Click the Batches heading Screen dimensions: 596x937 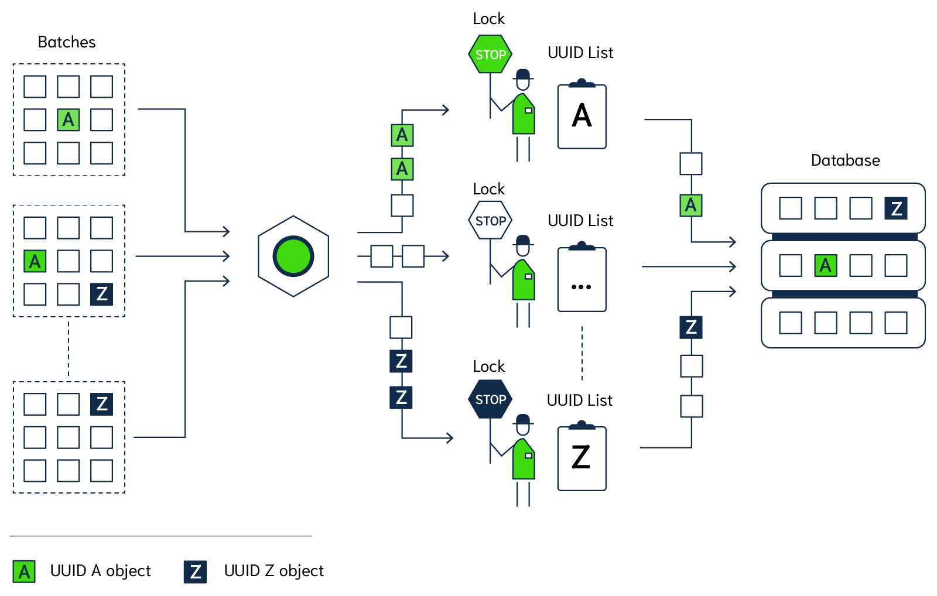coord(67,42)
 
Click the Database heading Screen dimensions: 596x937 coord(845,160)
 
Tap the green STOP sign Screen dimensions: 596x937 coord(490,54)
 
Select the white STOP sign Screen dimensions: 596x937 coord(490,221)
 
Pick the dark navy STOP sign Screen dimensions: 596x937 coord(490,399)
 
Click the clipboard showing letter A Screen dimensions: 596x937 coord(582,116)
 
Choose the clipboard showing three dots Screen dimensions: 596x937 coord(582,280)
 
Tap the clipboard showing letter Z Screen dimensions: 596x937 coord(582,458)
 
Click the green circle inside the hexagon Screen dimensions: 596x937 coord(293,256)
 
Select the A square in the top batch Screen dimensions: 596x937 coord(69,119)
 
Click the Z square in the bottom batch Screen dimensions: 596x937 coord(102,404)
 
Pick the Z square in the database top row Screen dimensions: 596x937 coord(896,208)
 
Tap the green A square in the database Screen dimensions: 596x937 coord(826,265)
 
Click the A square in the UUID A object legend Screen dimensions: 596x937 coord(24,571)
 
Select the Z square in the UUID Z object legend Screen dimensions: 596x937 coord(195,571)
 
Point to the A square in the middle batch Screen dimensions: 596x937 coord(35,261)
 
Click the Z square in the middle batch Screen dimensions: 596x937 coord(102,294)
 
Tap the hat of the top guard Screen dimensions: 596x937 coord(523,75)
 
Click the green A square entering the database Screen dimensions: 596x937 coord(691,205)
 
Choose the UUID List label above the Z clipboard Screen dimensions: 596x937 coord(580,400)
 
